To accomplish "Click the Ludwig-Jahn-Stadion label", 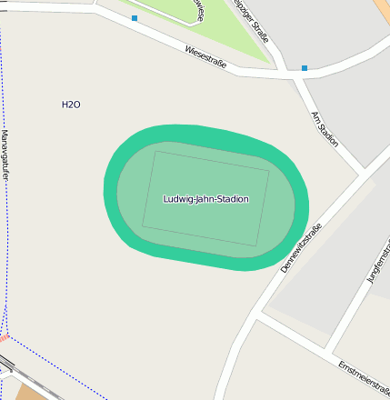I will point(205,199).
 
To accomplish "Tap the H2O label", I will point(71,105).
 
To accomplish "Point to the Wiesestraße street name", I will point(205,56).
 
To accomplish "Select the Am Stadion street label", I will point(325,129).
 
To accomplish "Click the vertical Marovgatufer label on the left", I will point(5,155).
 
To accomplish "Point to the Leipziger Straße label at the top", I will point(252,20).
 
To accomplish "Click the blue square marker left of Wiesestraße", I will point(135,18).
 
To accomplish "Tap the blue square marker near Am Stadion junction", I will point(305,67).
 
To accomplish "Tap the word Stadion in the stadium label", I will point(228,199).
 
